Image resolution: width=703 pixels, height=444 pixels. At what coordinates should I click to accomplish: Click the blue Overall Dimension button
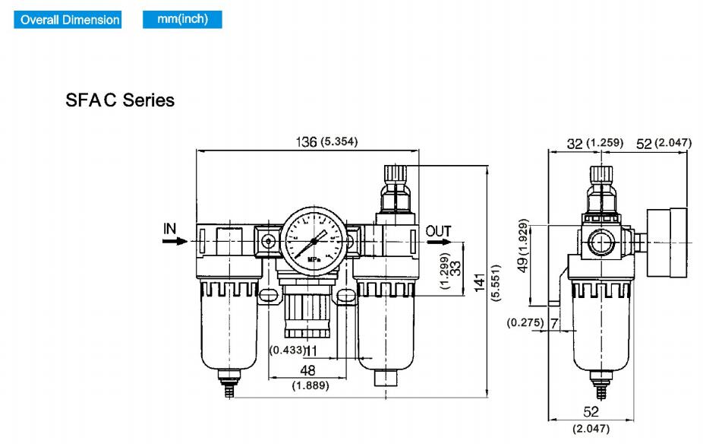(70, 20)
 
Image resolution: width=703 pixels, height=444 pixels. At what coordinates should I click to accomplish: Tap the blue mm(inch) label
(182, 19)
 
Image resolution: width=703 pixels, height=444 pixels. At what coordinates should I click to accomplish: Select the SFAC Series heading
(120, 100)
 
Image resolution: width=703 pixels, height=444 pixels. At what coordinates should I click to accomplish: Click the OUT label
(438, 230)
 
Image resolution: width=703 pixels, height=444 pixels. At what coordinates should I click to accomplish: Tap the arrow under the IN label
(175, 241)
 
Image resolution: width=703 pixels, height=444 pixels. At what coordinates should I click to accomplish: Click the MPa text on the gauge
(314, 258)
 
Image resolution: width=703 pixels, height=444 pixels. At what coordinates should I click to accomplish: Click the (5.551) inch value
(497, 284)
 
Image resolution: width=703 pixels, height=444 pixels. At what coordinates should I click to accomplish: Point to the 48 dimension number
(307, 370)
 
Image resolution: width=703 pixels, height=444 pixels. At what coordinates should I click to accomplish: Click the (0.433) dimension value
(288, 350)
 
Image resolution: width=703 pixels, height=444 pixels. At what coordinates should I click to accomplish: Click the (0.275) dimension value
(525, 322)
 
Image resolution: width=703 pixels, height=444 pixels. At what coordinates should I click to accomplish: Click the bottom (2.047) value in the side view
(591, 429)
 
